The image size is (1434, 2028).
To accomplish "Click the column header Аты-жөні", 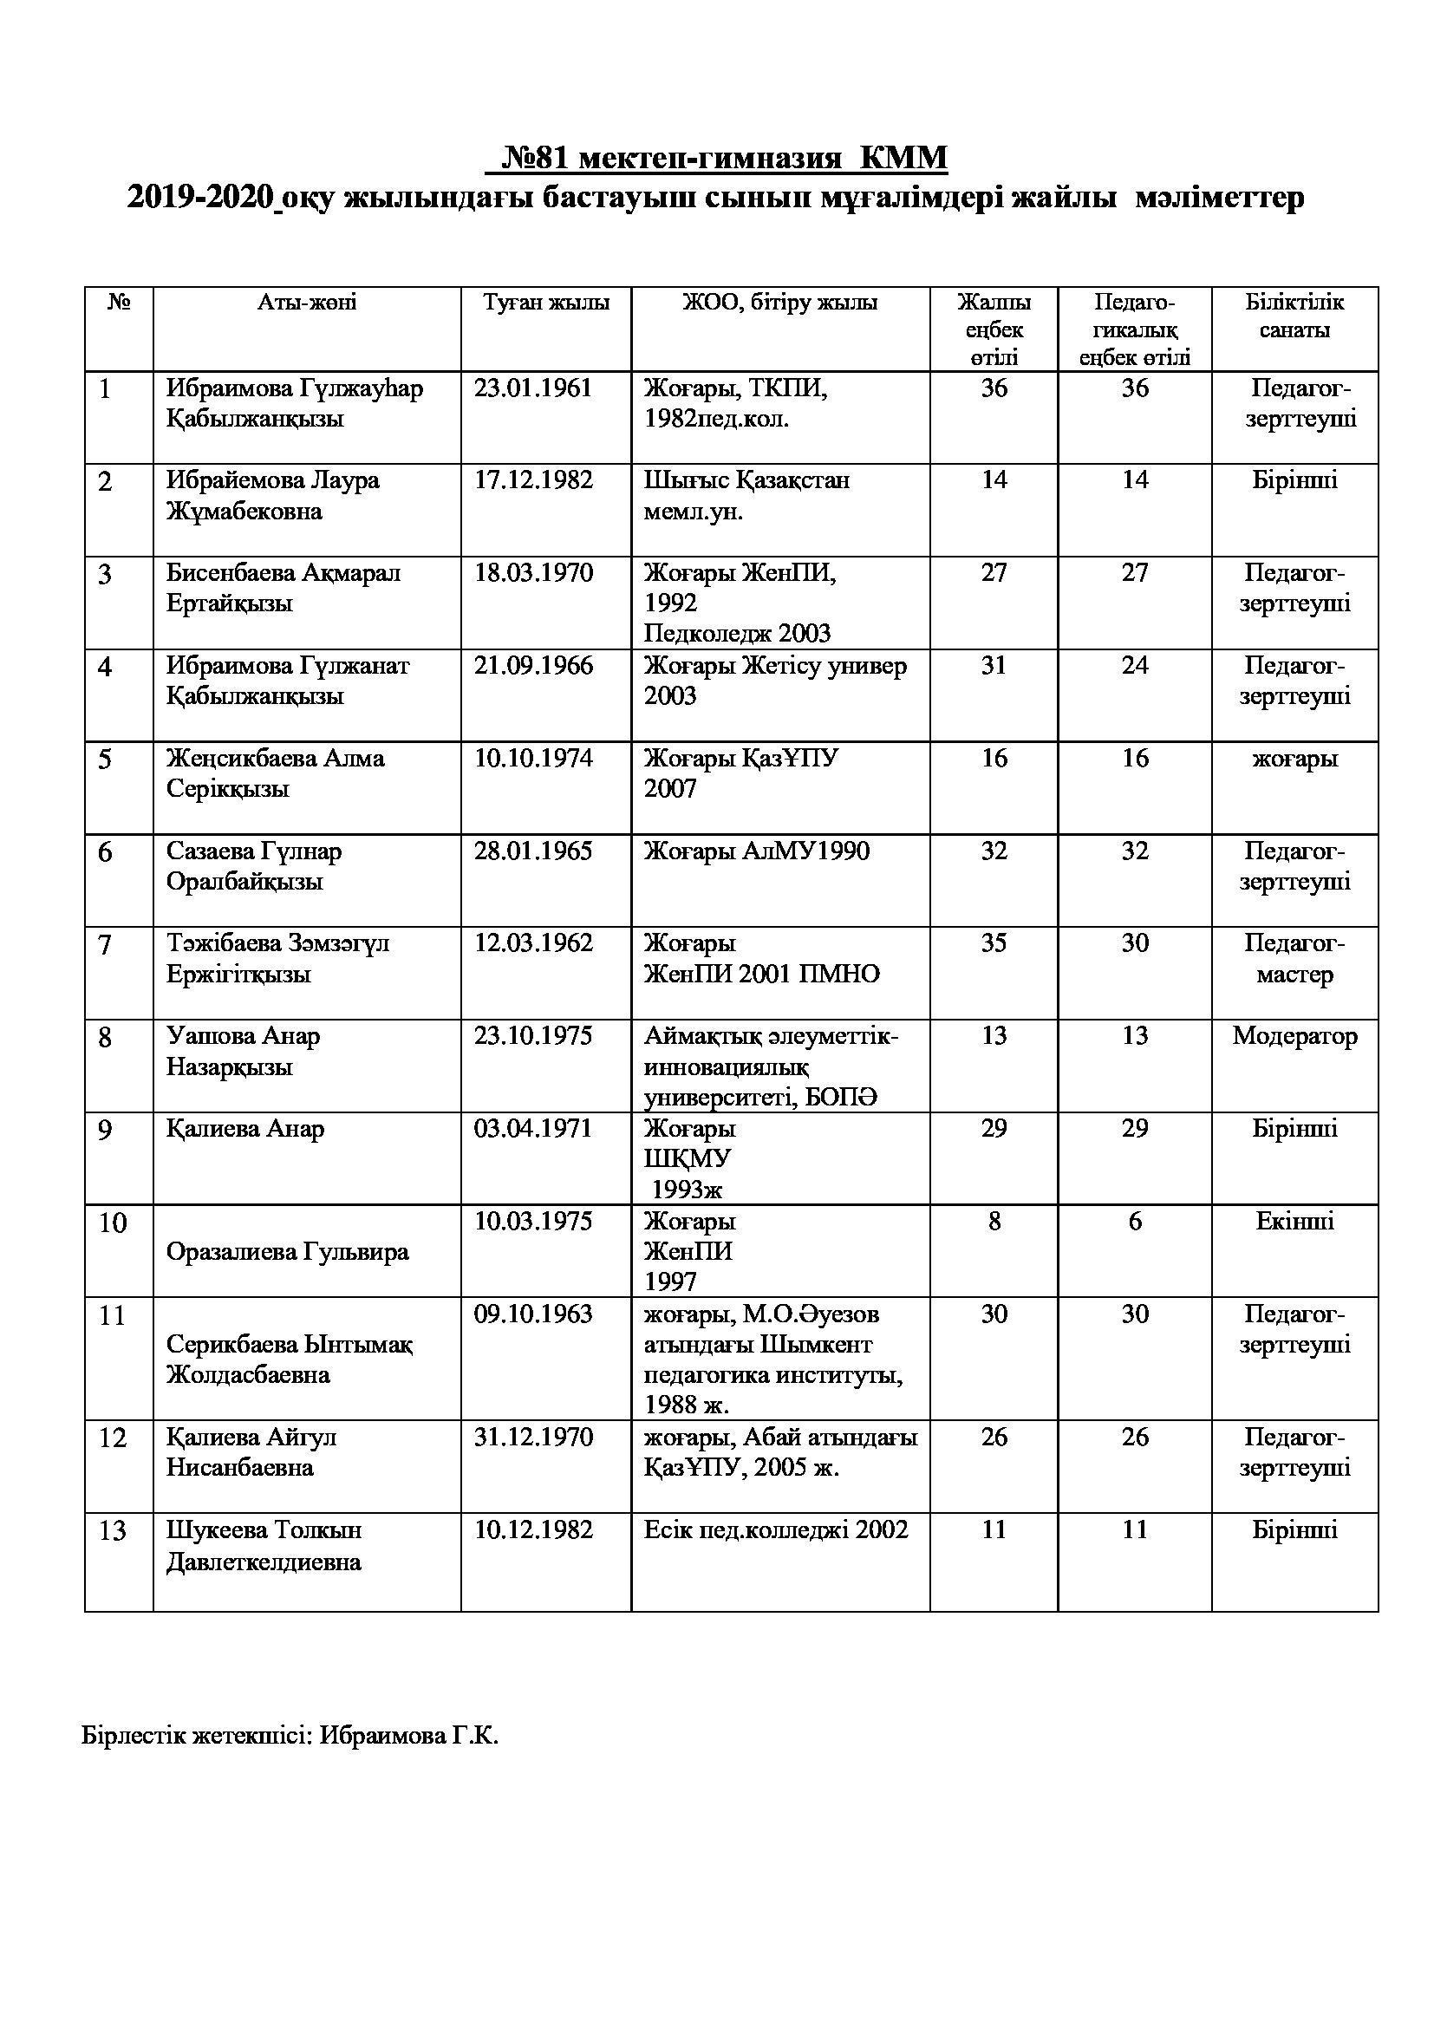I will coord(306,303).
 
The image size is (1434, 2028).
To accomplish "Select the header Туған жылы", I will coord(545,303).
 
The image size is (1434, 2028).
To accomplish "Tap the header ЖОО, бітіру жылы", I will coord(779,303).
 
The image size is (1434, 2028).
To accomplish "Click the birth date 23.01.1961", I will coord(532,388).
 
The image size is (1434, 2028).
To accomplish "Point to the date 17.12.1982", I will coord(533,481).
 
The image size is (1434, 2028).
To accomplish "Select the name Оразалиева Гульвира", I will coord(287,1253).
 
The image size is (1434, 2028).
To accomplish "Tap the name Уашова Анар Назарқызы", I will coord(243,1051).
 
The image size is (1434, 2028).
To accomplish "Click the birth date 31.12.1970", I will coord(533,1437).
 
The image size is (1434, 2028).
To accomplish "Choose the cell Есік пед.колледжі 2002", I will coord(775,1529).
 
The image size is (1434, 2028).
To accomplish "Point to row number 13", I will coord(113,1531).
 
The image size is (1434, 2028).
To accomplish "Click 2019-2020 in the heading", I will coord(199,197).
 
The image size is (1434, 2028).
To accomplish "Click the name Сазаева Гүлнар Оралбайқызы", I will coord(253,866).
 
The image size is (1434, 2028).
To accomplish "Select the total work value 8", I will coord(994,1222).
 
